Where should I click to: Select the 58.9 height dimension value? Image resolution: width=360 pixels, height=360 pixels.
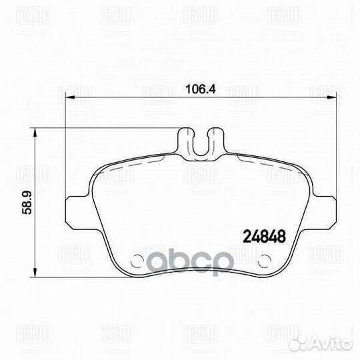point(20,204)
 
